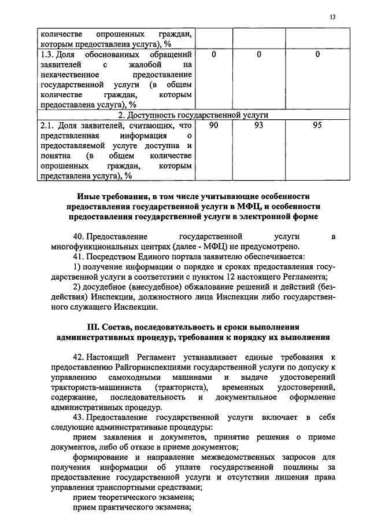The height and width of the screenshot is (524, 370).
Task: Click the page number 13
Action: click(x=333, y=17)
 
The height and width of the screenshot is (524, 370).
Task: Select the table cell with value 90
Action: click(x=213, y=124)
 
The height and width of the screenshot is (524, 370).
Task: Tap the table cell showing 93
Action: click(x=259, y=124)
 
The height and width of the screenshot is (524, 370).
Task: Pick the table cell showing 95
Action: click(x=317, y=124)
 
